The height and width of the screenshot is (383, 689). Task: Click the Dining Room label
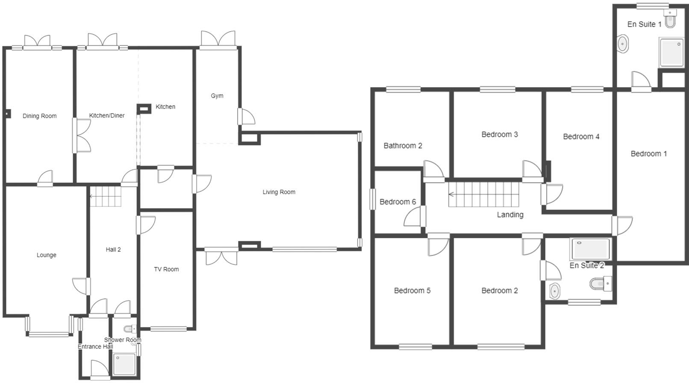39,116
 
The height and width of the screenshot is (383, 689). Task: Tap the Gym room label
217,96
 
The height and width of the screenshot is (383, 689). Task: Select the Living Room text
279,192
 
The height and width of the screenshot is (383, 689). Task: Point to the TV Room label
166,269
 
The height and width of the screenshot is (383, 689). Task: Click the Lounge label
46,255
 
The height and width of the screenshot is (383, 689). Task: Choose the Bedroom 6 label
397,202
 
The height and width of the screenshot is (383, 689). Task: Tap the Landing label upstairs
510,215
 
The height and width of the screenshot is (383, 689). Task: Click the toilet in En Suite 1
670,19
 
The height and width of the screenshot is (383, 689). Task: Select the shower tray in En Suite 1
671,52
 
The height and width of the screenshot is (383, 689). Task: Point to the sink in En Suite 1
623,44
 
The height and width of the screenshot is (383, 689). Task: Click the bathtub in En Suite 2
591,249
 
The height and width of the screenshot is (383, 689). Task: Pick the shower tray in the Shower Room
124,364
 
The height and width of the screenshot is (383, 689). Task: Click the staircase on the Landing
483,194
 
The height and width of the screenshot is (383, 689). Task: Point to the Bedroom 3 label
499,135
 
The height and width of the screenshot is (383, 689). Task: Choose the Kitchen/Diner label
107,115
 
